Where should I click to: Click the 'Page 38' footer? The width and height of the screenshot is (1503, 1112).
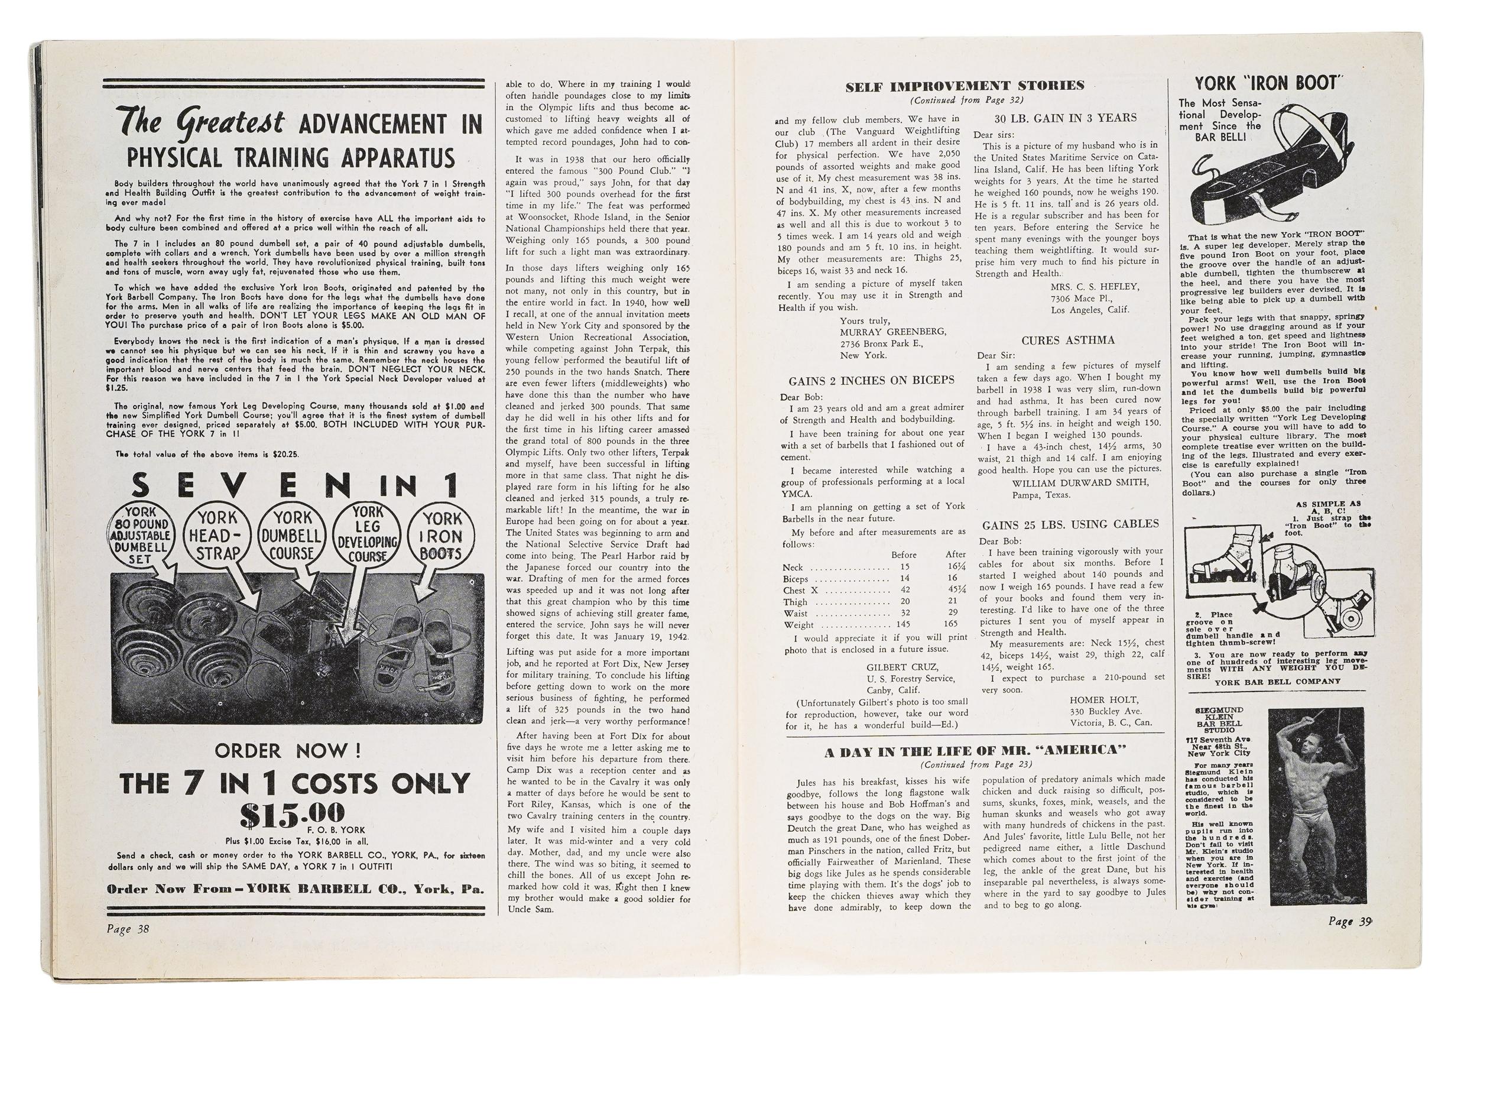click(x=127, y=929)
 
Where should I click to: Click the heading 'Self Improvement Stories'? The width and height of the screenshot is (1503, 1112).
click(x=965, y=86)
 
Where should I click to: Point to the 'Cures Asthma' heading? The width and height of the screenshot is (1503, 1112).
click(x=1068, y=340)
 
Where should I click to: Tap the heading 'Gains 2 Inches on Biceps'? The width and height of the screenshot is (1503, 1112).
click(x=871, y=380)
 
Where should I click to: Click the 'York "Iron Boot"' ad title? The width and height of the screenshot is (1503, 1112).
click(x=1269, y=83)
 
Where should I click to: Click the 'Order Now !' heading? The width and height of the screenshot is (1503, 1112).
click(x=287, y=750)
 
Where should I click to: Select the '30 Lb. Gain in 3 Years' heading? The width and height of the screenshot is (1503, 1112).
click(x=1070, y=118)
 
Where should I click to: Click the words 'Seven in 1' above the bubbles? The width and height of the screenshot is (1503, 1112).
click(x=296, y=485)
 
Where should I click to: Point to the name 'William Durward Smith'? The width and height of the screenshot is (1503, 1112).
click(x=1080, y=482)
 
